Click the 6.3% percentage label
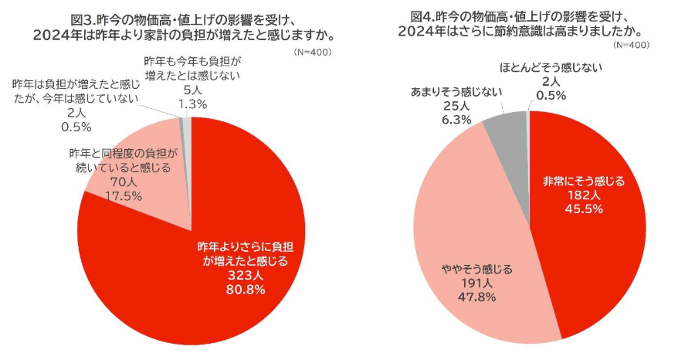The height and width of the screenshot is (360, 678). [x=454, y=119]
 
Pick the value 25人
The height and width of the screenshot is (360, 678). [x=454, y=105]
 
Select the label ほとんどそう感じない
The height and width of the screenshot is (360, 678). [x=551, y=67]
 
